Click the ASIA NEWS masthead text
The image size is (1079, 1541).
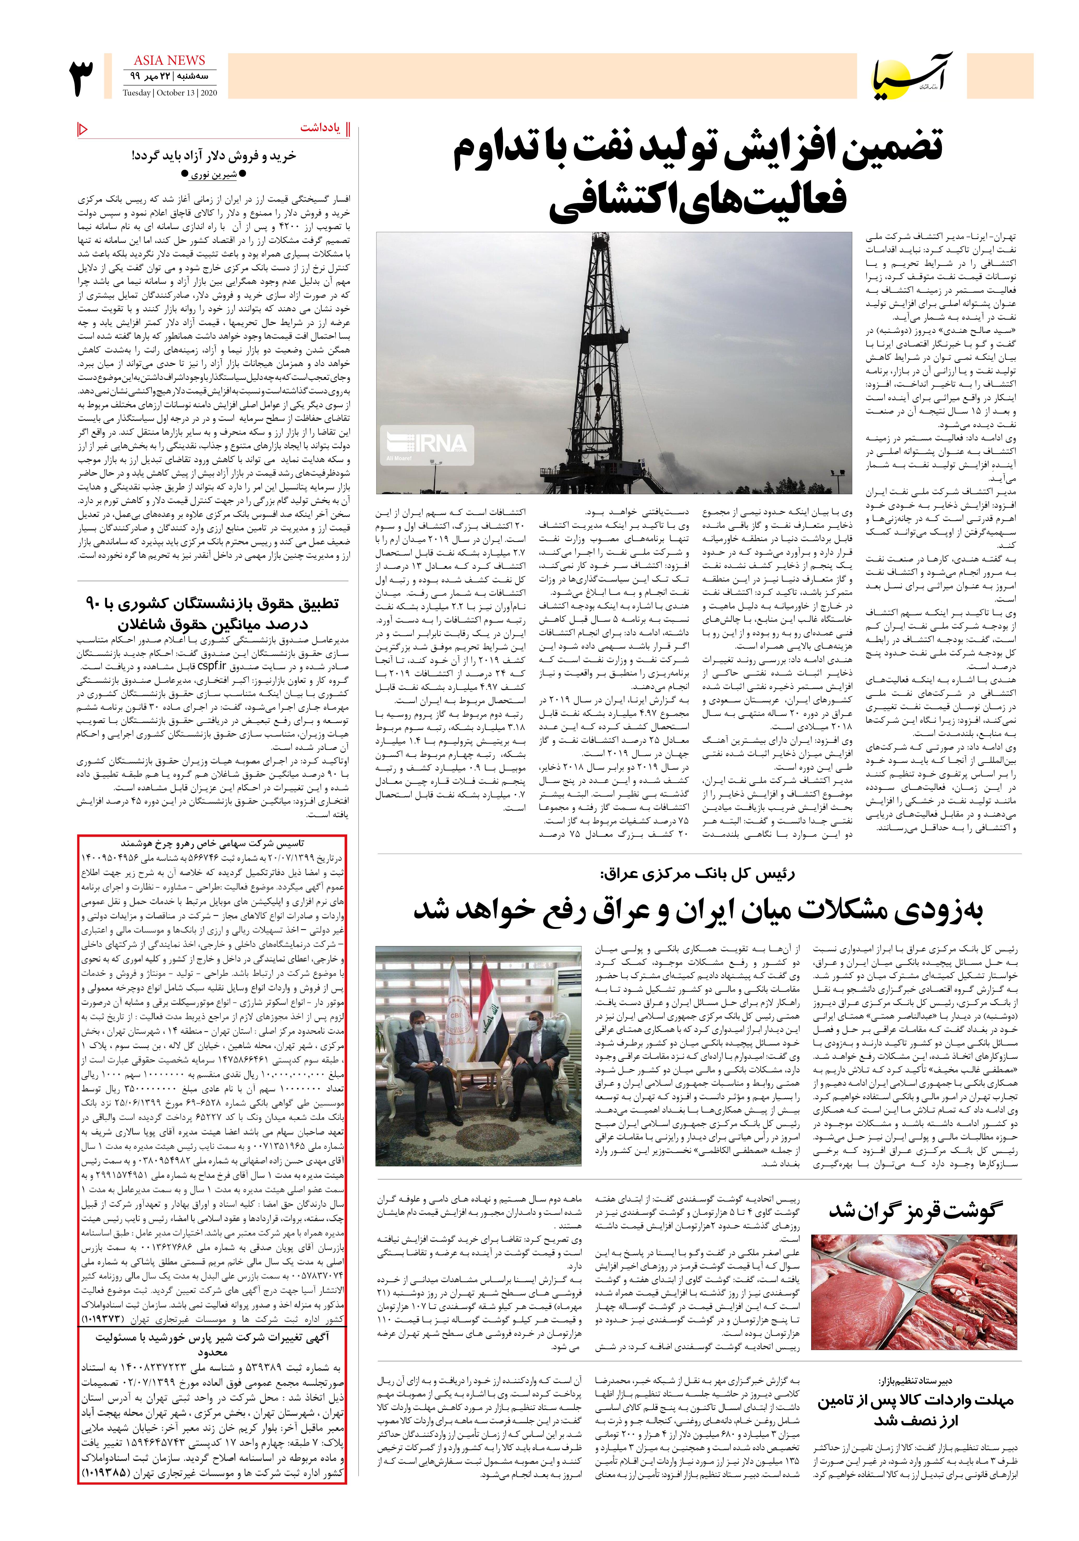point(169,61)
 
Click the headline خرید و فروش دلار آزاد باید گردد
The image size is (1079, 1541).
point(214,156)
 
